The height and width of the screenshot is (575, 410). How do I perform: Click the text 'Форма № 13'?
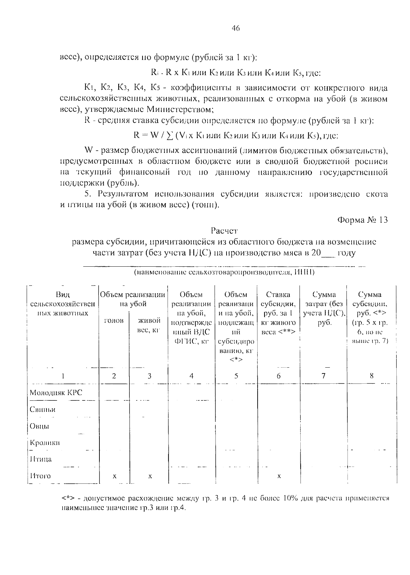363,220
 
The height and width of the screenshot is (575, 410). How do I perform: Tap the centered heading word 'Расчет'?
224,231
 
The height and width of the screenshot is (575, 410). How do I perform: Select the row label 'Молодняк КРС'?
56,393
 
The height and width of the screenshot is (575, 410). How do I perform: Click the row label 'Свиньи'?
42,409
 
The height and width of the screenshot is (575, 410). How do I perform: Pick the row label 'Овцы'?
39,426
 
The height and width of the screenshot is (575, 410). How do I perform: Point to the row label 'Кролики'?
45,443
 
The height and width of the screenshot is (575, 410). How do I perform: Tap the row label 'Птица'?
41,459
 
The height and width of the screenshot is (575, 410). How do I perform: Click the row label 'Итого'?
40,476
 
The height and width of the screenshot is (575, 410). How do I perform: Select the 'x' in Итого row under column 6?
279,476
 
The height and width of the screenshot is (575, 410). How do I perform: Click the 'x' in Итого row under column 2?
114,476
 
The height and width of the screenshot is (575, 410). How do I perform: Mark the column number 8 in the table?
371,376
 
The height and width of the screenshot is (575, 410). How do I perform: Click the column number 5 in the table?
236,376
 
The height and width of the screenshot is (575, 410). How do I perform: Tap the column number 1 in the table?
63,376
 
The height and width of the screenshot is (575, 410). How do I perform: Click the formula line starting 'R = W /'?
236,135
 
